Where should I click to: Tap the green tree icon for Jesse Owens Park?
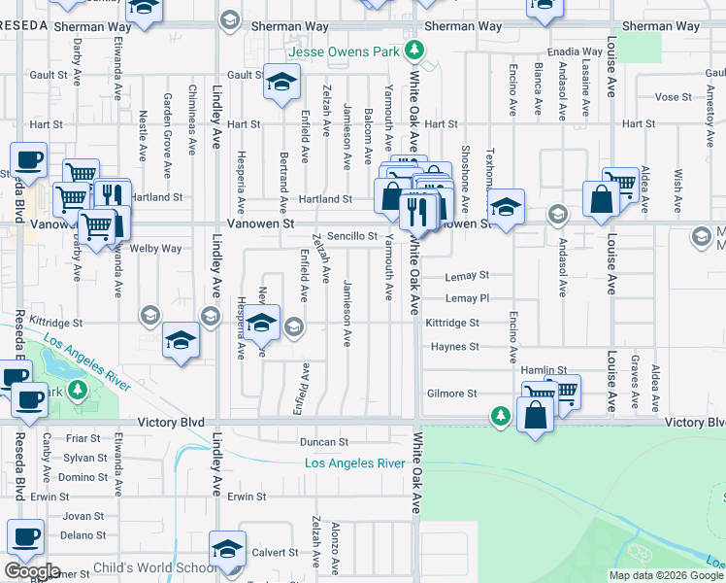(415, 50)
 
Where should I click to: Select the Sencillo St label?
(351, 236)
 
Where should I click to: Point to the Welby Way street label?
(159, 249)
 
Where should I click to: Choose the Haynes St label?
(455, 346)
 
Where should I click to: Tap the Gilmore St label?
(452, 394)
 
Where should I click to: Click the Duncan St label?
(324, 442)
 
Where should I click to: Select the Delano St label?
(82, 534)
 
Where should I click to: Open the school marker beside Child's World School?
(227, 550)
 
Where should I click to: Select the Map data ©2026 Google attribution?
(666, 575)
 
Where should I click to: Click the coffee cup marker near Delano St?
(26, 537)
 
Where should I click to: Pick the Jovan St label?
(83, 516)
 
